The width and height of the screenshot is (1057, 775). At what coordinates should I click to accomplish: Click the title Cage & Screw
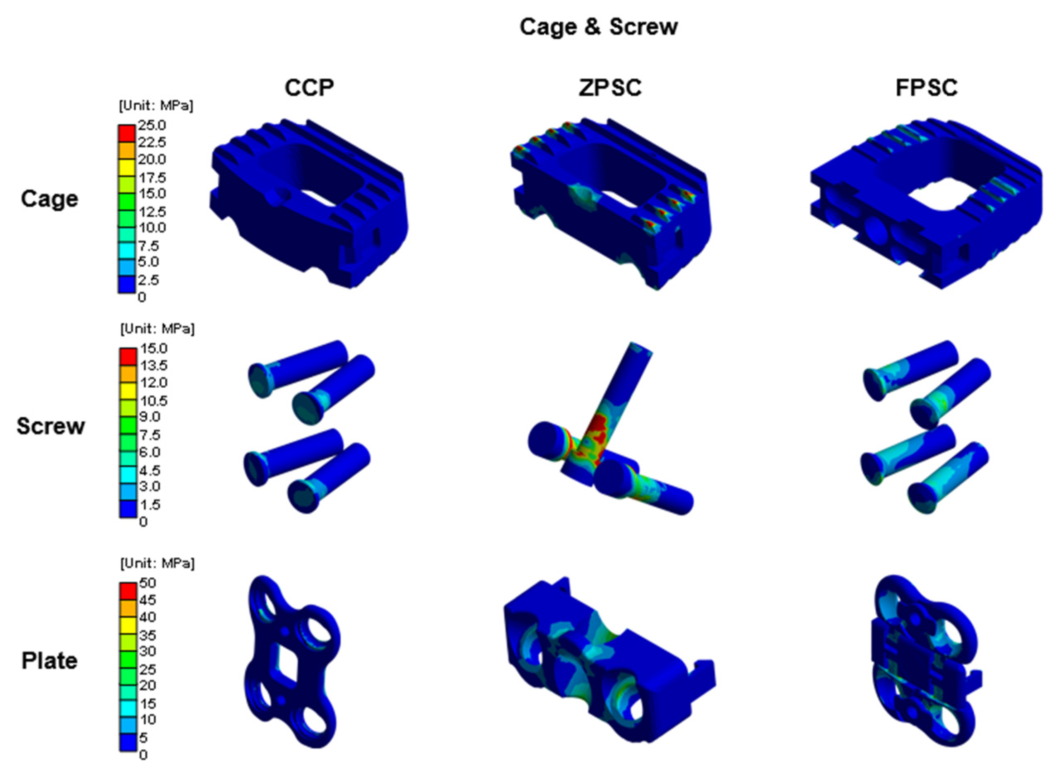click(x=598, y=27)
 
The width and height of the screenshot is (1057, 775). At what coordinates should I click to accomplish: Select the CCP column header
click(x=309, y=88)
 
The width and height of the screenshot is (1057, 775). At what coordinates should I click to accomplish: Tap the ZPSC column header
click(x=610, y=88)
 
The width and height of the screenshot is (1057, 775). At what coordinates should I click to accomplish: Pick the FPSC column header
click(x=926, y=88)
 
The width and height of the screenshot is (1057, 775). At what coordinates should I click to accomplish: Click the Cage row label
click(x=49, y=199)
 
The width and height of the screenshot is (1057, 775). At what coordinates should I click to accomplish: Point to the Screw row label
click(x=51, y=426)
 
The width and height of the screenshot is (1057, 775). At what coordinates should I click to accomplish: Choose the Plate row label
click(x=49, y=660)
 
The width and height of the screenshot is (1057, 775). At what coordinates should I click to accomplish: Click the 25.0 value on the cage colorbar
click(x=151, y=125)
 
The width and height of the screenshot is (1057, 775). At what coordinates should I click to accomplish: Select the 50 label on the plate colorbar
click(x=147, y=583)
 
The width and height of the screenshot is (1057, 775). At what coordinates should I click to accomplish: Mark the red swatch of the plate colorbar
click(x=128, y=591)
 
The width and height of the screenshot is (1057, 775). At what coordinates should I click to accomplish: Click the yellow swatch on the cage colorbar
click(x=126, y=168)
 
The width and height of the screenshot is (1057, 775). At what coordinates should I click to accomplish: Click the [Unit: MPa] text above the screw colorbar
click(x=157, y=329)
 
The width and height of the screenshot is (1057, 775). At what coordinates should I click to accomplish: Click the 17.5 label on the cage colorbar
click(x=151, y=178)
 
